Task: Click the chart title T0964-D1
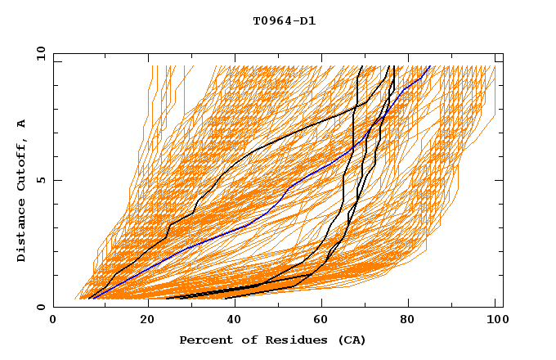(285, 21)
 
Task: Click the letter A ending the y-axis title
(22, 124)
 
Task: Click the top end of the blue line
(430, 66)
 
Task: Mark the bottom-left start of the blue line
(91, 298)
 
